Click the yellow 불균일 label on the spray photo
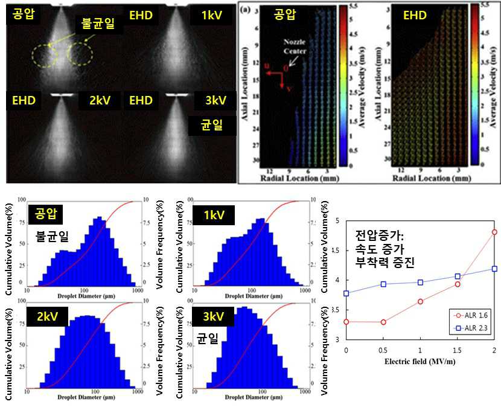point(97,25)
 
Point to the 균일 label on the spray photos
point(211,126)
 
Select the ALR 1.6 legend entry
point(474,315)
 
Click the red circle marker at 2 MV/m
point(494,232)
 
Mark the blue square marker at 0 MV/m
point(346,293)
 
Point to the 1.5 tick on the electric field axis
point(458,350)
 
